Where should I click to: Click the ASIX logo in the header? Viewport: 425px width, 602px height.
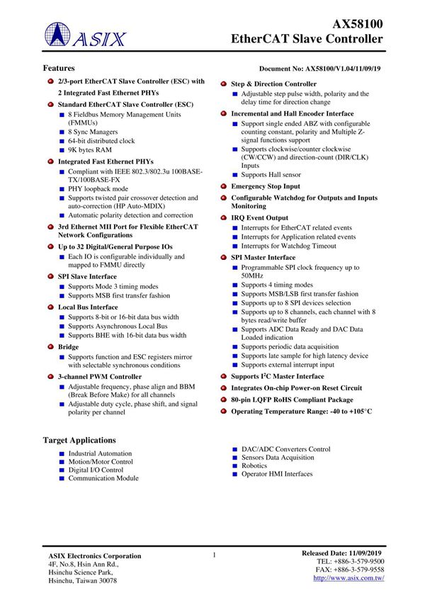coord(84,36)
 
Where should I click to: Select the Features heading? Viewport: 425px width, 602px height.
coord(59,68)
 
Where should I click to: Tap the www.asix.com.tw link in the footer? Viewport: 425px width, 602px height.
coord(348,579)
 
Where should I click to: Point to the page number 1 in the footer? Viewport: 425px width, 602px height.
coord(213,556)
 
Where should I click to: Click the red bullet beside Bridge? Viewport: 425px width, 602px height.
coord(50,348)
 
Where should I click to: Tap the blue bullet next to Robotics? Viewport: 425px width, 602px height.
coord(235,466)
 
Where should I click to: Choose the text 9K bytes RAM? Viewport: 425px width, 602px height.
coord(90,150)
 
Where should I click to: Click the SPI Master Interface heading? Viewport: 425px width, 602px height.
coord(263,258)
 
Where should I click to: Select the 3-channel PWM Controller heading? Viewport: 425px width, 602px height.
coord(99,377)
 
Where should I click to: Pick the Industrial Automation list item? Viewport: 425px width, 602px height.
coord(100,453)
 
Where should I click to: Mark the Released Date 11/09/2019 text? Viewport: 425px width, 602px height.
coord(341,552)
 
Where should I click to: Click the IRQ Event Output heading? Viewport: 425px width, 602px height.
coord(259,217)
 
